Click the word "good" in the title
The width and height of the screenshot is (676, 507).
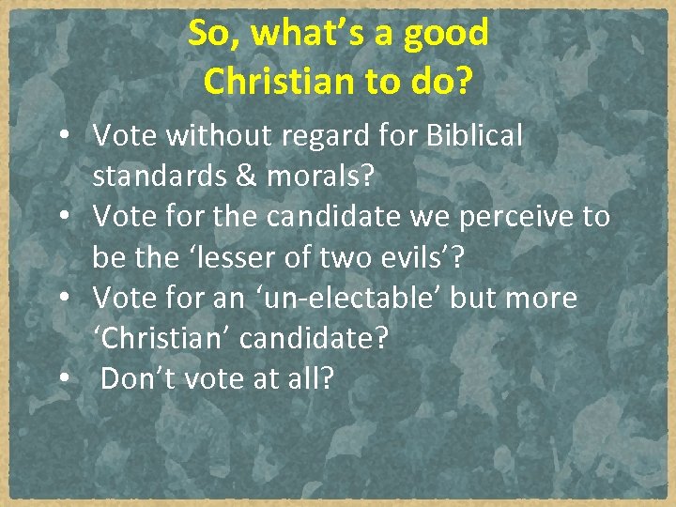[x=445, y=34]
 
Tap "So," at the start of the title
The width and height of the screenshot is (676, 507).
[x=211, y=34]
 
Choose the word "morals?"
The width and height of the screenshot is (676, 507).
[x=321, y=177]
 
